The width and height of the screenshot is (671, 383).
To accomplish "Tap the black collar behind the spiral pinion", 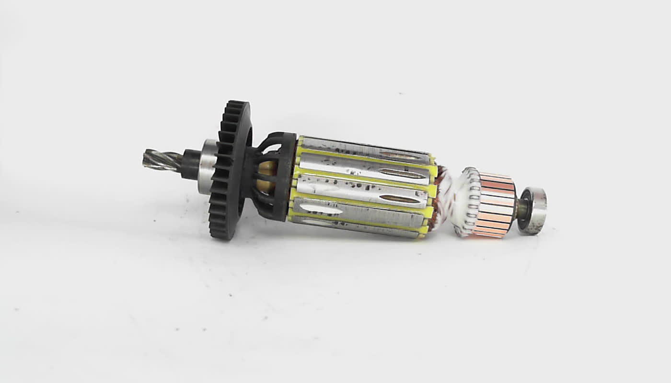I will [x=191, y=164].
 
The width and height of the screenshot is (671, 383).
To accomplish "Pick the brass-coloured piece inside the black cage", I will [x=266, y=175].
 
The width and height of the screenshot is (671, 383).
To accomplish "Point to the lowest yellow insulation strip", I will [x=355, y=227].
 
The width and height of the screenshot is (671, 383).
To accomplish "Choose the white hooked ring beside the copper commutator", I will [x=468, y=201].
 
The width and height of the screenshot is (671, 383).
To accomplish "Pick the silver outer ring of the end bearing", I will [x=539, y=211].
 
